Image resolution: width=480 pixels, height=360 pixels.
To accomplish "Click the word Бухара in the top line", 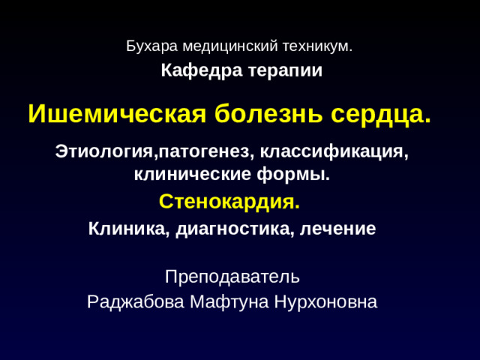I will tap(147, 46).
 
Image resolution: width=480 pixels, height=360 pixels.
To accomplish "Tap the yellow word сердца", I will tap(380, 114).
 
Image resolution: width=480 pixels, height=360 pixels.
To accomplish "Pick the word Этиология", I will tap(103, 151).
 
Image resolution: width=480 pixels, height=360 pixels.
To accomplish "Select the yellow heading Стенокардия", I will tap(229, 202).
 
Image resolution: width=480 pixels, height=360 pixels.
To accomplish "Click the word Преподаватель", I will tap(232, 277).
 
